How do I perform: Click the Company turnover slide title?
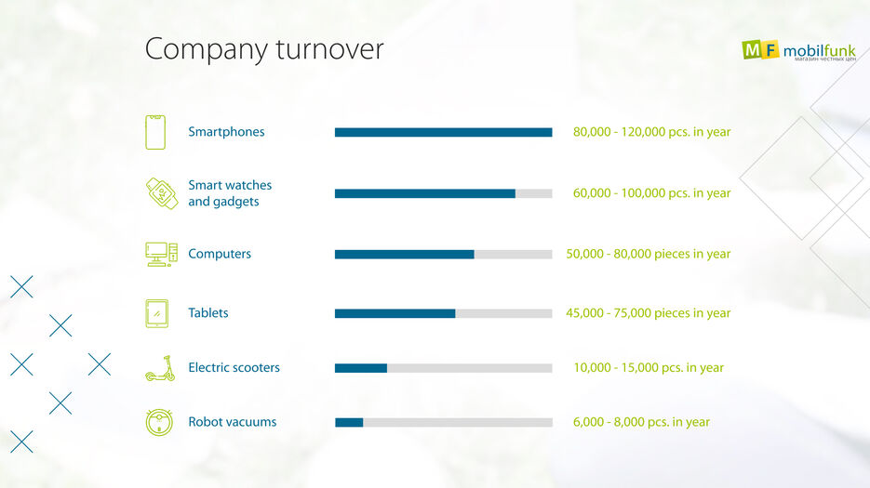click(264, 49)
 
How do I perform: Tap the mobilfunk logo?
click(798, 50)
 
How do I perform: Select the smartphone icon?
click(155, 132)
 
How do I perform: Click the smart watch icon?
click(161, 193)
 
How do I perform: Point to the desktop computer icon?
click(160, 254)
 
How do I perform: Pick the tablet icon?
click(156, 313)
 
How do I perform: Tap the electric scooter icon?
click(160, 368)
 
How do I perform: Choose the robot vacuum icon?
click(159, 422)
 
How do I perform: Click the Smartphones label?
click(226, 132)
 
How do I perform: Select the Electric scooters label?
click(234, 367)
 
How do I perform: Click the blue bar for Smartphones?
click(443, 132)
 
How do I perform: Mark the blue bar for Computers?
click(404, 254)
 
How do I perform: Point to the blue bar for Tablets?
click(395, 313)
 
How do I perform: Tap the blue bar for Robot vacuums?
click(349, 422)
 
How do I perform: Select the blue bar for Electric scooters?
click(360, 368)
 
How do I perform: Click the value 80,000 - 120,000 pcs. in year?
click(651, 132)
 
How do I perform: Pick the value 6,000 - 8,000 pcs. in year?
click(641, 422)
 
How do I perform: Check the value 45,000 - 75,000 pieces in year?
click(648, 313)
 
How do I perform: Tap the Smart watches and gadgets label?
click(230, 193)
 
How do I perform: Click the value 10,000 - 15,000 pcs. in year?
click(648, 367)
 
